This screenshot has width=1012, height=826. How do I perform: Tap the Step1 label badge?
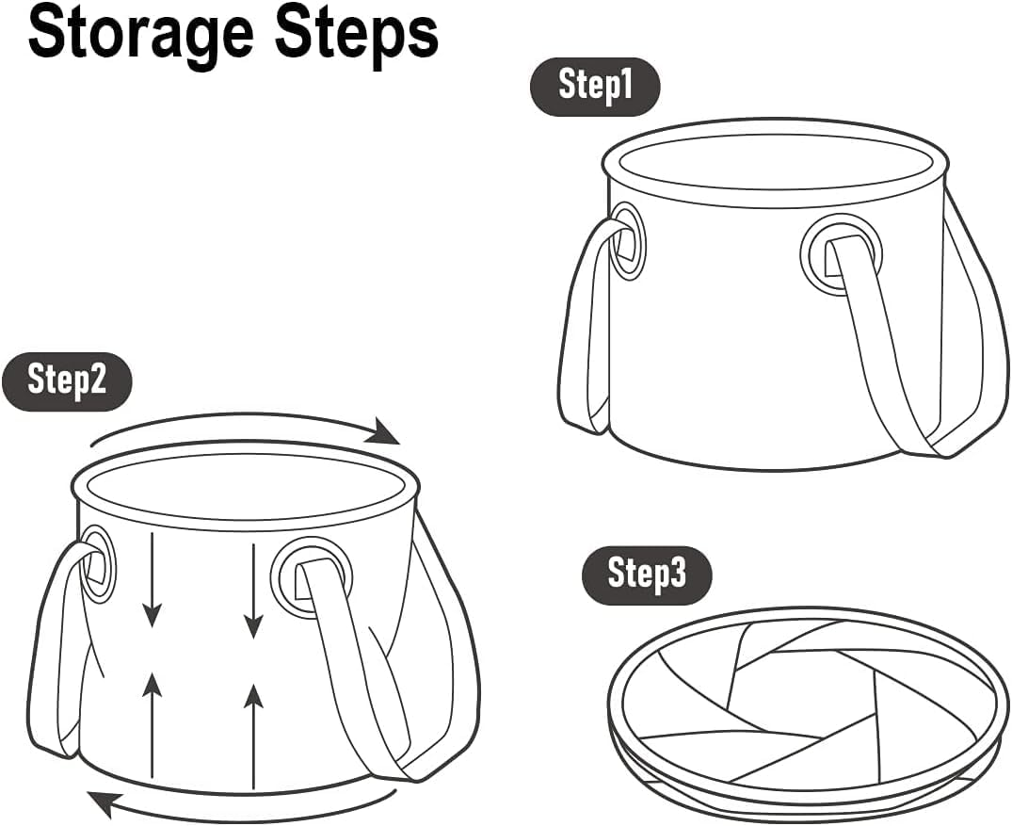pyautogui.click(x=595, y=85)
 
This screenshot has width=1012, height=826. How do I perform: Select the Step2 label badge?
pyautogui.click(x=67, y=380)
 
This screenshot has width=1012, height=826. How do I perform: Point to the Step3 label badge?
pyautogui.click(x=647, y=573)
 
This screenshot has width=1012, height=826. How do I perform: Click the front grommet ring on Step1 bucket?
pyautogui.click(x=841, y=254)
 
